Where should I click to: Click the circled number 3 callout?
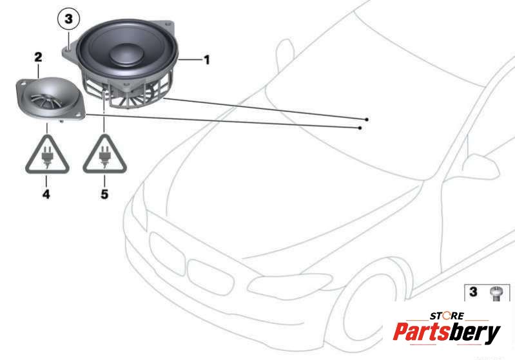[x=68, y=19]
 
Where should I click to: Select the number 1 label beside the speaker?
[x=207, y=60]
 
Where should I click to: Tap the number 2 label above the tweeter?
[x=39, y=57]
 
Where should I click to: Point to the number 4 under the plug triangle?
[x=46, y=194]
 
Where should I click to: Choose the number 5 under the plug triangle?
[x=104, y=194]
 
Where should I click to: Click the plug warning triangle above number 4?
[x=47, y=154]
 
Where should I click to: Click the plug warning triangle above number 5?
[x=105, y=154]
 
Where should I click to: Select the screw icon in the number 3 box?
[x=494, y=293]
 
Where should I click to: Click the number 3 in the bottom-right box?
[x=473, y=291]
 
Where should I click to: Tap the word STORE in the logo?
[x=447, y=316]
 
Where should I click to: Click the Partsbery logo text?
[x=447, y=332]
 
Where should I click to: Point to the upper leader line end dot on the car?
[x=367, y=119]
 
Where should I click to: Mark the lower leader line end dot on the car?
[x=360, y=128]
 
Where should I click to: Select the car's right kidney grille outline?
[x=211, y=278]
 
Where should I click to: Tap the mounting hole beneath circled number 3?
[x=68, y=50]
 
